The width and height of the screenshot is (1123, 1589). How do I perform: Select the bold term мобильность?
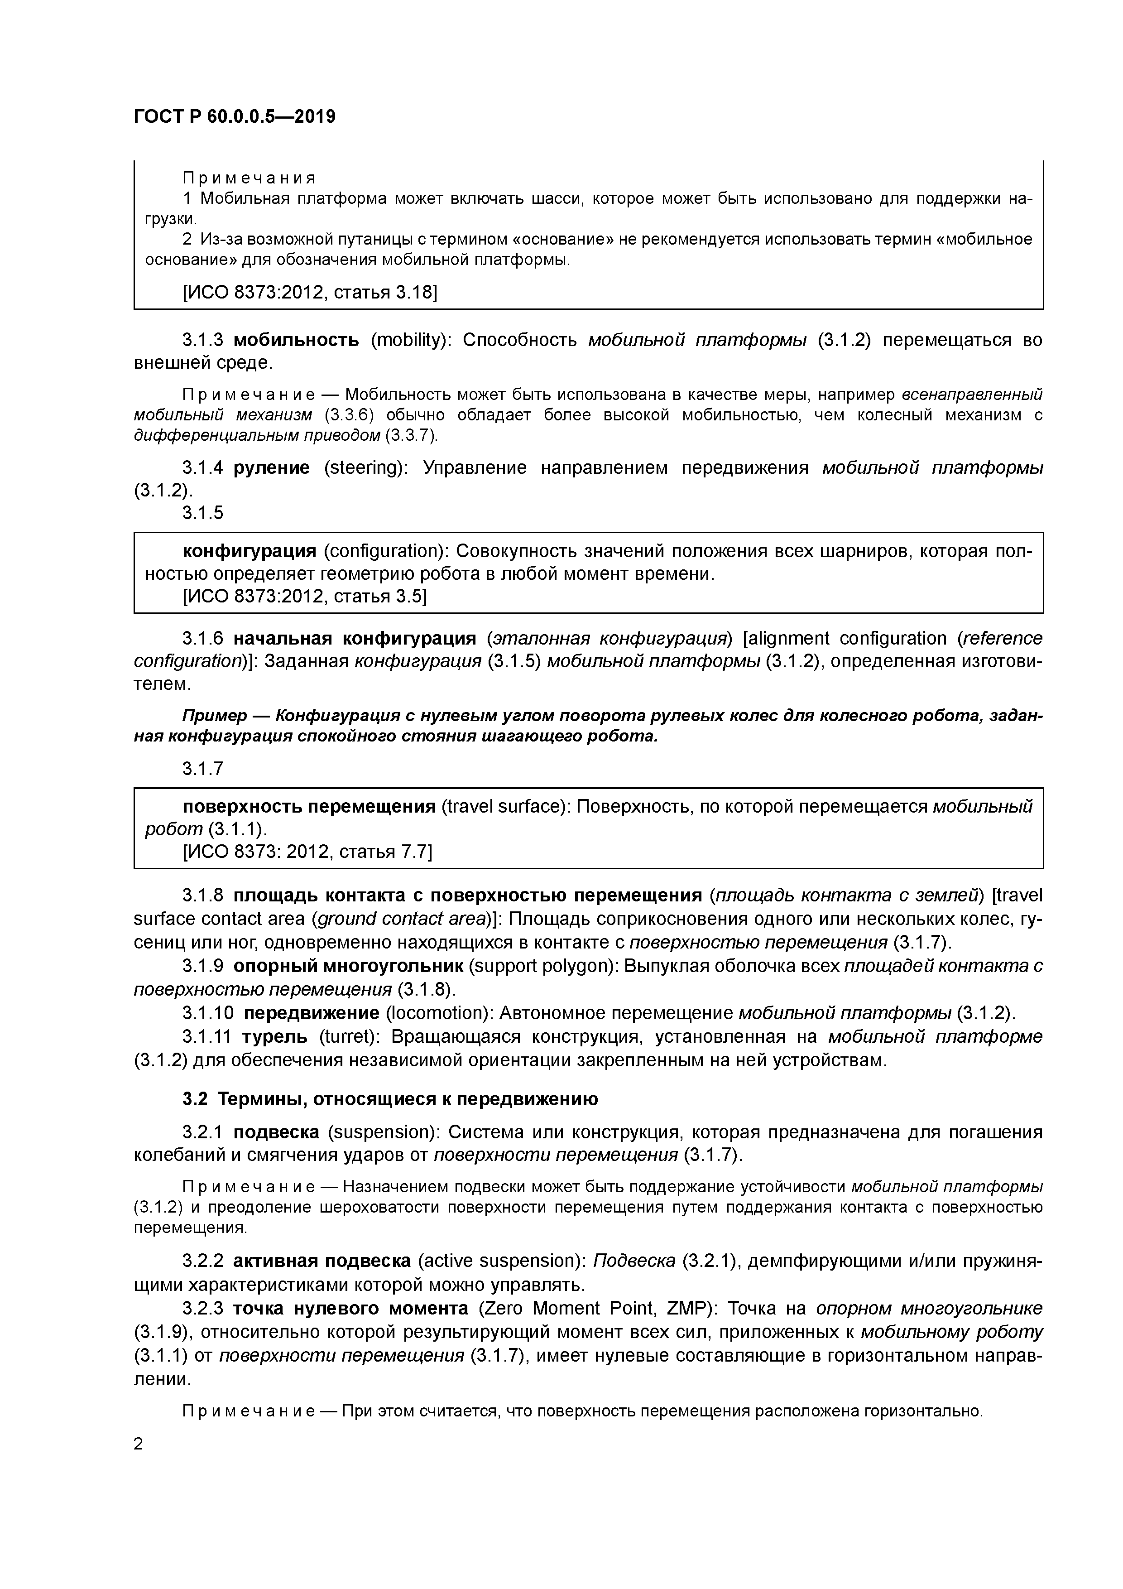pos(296,340)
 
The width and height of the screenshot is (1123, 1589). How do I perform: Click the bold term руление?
pos(271,468)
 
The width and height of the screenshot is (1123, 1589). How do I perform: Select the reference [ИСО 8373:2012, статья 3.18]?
pos(309,292)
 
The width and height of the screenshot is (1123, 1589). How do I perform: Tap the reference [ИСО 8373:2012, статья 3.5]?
pos(304,596)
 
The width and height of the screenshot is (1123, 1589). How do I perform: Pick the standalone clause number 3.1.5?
pos(203,513)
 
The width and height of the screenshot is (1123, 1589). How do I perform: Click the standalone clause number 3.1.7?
pos(203,769)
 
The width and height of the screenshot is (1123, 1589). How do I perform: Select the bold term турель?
pos(275,1037)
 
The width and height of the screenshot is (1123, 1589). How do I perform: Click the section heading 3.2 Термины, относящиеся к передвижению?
pos(390,1099)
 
